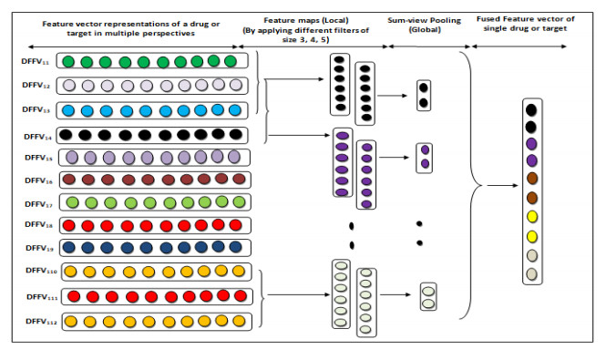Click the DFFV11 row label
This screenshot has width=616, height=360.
coord(35,62)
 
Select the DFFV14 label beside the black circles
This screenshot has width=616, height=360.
coord(37,137)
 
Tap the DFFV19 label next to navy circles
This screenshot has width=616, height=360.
coord(39,248)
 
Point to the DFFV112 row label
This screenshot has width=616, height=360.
coord(41,322)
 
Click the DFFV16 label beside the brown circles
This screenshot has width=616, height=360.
coord(38,180)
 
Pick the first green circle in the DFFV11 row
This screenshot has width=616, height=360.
coord(68,62)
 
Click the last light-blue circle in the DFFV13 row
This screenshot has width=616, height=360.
coord(235,110)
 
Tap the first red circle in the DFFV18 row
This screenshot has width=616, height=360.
coord(69,226)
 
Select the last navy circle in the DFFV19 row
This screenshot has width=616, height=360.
coord(235,247)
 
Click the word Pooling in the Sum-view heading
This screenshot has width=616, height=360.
coord(445,20)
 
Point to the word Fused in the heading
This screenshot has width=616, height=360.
coord(488,19)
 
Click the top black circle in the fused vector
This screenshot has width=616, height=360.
coord(531,109)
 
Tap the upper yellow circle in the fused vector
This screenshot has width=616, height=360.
coord(532,217)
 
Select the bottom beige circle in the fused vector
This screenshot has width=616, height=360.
coord(531,274)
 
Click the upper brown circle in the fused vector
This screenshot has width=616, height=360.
coord(532,179)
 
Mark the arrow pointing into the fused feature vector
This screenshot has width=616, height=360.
coord(502,186)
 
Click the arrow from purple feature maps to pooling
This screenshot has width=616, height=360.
coord(395,158)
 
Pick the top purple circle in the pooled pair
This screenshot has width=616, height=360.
coord(425,149)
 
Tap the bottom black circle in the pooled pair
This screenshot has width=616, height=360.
coord(423,103)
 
